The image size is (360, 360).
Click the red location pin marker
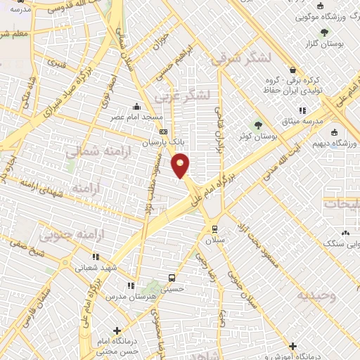(181, 165)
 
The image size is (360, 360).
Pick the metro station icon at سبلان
(214, 229)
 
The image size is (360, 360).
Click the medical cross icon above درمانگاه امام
(117, 330)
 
